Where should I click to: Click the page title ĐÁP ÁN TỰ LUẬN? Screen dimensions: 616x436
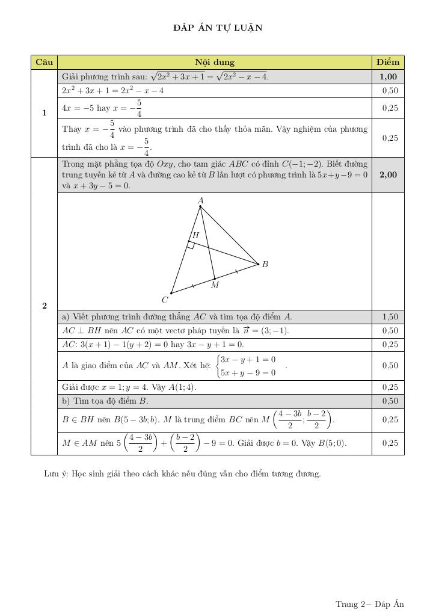tap(218, 28)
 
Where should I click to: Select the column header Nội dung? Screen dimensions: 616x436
tap(215, 62)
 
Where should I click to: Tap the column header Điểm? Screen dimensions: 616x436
tap(388, 62)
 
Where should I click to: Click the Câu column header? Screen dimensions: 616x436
tap(44, 62)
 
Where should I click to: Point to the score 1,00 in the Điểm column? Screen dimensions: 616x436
tap(388, 76)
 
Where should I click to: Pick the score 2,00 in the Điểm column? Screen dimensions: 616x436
tap(388, 174)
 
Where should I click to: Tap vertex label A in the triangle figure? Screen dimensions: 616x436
tap(200, 200)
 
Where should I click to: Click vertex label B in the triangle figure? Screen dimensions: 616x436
tap(265, 264)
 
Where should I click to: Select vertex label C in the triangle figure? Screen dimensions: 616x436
tap(165, 300)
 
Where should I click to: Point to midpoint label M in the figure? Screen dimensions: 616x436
tap(215, 285)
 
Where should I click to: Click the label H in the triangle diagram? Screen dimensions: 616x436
tap(195, 236)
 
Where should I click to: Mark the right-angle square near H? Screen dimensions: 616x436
tap(191, 245)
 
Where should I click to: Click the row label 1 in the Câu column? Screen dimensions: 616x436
tap(44, 113)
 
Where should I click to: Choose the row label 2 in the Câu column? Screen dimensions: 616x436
tap(44, 306)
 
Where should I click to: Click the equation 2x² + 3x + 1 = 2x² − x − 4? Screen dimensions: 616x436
tap(113, 90)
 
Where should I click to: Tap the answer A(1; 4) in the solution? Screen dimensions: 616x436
tap(183, 387)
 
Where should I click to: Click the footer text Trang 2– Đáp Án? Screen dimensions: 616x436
tap(369, 604)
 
